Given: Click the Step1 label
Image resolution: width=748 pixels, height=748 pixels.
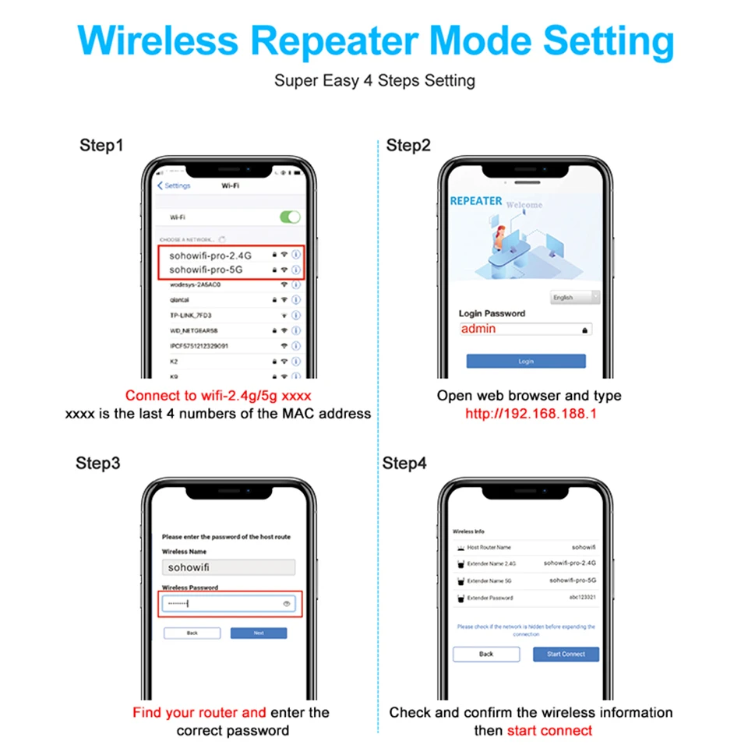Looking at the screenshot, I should click(x=101, y=145).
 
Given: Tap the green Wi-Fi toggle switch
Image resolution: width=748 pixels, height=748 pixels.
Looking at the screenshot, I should click(x=290, y=217).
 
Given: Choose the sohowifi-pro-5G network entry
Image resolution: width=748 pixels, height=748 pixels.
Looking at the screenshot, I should click(x=206, y=270).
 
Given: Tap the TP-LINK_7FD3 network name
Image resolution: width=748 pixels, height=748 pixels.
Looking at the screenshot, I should click(x=191, y=315).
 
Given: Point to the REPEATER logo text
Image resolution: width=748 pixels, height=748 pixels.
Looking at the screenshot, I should click(x=476, y=201).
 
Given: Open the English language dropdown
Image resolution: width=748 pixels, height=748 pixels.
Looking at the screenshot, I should click(x=575, y=297).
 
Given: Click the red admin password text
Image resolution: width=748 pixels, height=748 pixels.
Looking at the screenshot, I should click(x=478, y=329).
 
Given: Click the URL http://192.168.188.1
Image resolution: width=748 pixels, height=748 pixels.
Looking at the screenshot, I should click(x=531, y=414).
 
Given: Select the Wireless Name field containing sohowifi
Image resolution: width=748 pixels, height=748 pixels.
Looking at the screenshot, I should click(x=228, y=567).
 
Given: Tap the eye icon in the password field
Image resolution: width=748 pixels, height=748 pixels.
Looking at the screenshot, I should click(x=287, y=604).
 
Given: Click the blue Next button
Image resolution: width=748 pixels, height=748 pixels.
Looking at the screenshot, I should click(x=259, y=633).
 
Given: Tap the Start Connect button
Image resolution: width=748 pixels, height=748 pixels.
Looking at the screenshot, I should click(x=566, y=654).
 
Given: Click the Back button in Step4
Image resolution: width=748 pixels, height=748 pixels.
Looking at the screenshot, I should click(x=486, y=654).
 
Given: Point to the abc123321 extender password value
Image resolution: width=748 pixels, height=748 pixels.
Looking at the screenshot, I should click(x=580, y=598).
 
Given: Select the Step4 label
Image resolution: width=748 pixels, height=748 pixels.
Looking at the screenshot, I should click(x=404, y=464).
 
